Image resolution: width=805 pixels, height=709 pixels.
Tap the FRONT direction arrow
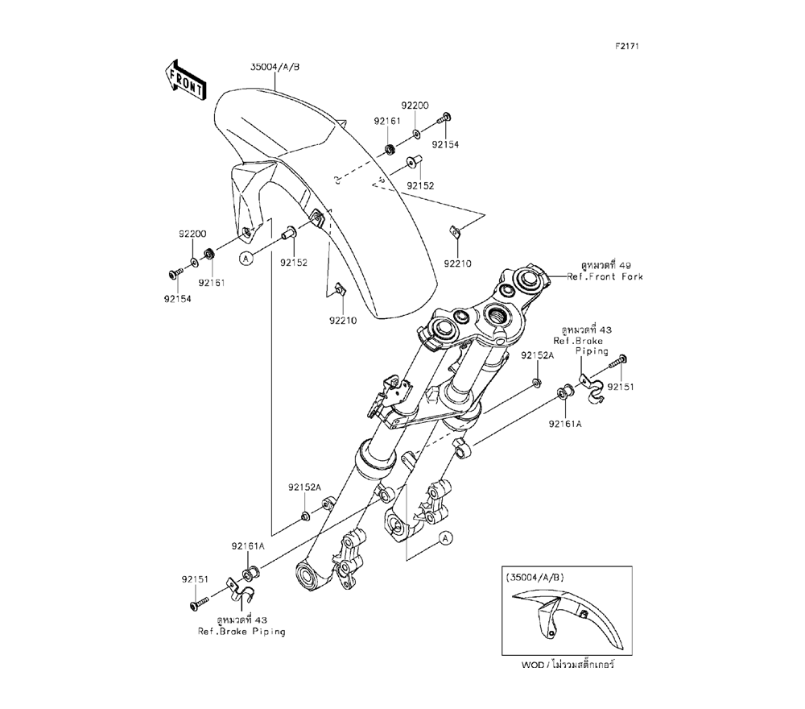pyautogui.click(x=184, y=79)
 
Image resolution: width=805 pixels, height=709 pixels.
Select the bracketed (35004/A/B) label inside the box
pyautogui.click(x=535, y=577)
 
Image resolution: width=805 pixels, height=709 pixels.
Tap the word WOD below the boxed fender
pyautogui.click(x=535, y=667)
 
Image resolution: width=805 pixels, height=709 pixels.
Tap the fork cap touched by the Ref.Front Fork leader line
pyautogui.click(x=532, y=280)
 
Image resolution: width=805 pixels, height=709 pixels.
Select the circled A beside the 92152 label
pyautogui.click(x=247, y=258)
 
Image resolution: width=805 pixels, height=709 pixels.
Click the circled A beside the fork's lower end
pyautogui.click(x=445, y=537)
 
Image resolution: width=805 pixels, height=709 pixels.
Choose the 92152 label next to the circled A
pyautogui.click(x=294, y=262)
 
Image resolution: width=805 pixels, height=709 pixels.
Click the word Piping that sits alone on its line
pyautogui.click(x=592, y=351)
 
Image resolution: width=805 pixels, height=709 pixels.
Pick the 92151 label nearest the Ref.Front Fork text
pyautogui.click(x=621, y=387)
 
